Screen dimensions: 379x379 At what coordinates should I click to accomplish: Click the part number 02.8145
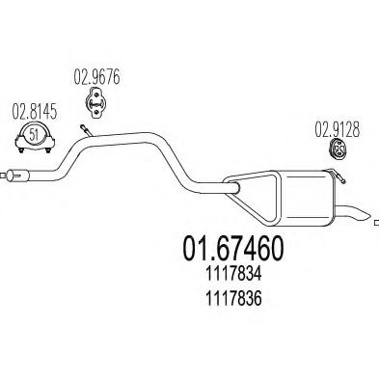34,113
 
